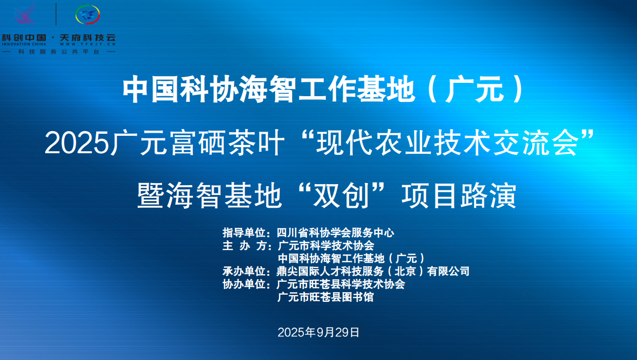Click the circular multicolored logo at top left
click(x=87, y=14)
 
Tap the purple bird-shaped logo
click(x=25, y=13)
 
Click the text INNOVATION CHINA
click(x=24, y=44)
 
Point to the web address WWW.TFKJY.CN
click(x=87, y=44)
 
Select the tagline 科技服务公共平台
click(x=59, y=52)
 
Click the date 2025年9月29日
click(x=319, y=332)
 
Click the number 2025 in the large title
click(x=77, y=143)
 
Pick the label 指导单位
click(x=244, y=232)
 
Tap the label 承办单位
click(x=244, y=271)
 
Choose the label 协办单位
click(x=244, y=284)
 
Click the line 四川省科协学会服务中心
click(x=336, y=232)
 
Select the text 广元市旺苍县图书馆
click(x=325, y=297)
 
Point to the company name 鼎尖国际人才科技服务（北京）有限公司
click(x=373, y=271)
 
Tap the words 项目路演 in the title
click(x=459, y=195)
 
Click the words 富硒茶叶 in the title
click(x=227, y=143)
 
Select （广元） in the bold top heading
click(x=476, y=89)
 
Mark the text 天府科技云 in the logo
click(x=87, y=38)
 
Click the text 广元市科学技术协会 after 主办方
click(x=326, y=245)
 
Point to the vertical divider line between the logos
click(x=56, y=14)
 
